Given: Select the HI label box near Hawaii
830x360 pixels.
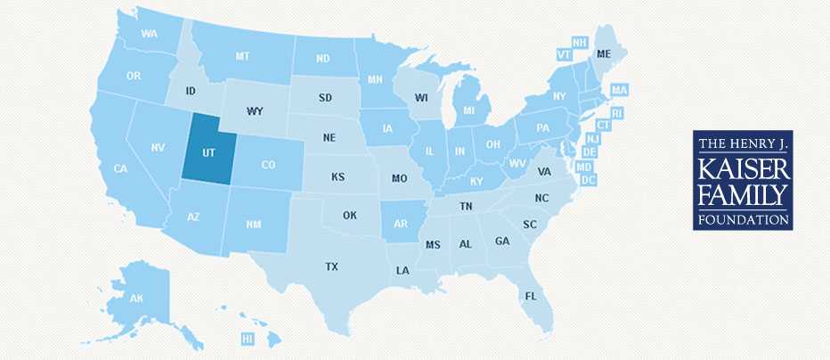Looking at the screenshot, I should pos(248,339).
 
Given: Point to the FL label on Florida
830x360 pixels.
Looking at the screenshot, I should pos(531,296).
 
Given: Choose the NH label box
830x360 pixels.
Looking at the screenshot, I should pos(580,43).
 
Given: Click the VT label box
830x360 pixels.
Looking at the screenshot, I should pos(563,54).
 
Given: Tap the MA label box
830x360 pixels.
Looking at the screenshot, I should pos(620,91).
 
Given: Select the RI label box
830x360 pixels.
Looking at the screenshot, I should pos(616,113).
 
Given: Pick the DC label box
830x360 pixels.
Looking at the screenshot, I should pos(588,180).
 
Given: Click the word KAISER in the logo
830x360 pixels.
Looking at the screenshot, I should pos(742,168).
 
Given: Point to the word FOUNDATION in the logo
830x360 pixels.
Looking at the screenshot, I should pos(742,218).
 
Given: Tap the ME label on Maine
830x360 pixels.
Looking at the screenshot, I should pos(605,53).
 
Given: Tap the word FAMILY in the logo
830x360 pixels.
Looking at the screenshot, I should pos(742,193).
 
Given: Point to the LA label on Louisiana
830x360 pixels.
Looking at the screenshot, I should pos(403,270).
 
